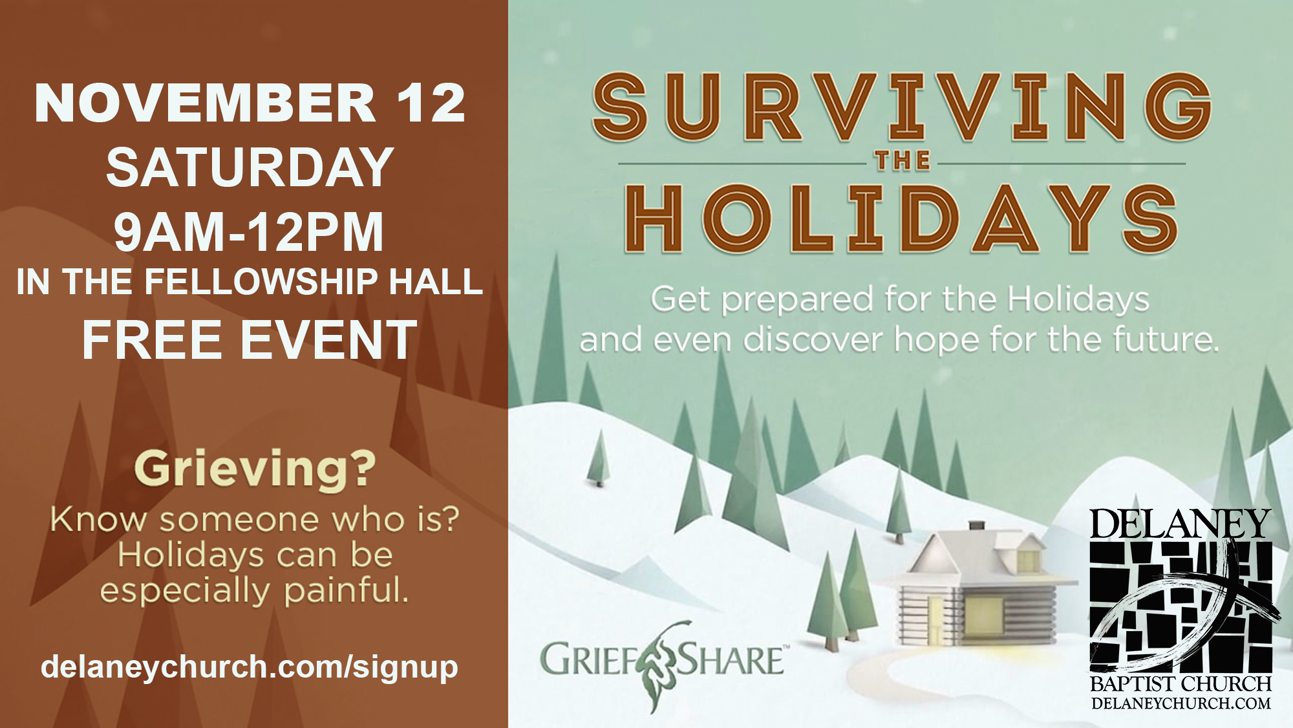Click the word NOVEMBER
point(205,103)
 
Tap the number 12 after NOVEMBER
point(431,103)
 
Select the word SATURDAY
point(250,167)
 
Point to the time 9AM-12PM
point(249,231)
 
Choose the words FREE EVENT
point(250,340)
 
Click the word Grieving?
point(255,469)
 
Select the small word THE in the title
point(903,160)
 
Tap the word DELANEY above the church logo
point(1181,524)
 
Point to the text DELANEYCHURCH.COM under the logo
point(1181,703)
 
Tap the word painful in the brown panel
point(347,592)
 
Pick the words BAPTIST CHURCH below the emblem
point(1181,684)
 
